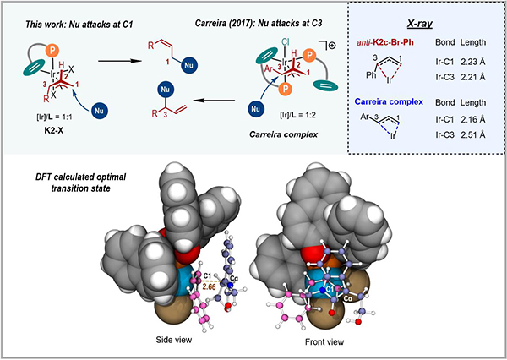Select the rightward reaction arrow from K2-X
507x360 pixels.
point(119,61)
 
